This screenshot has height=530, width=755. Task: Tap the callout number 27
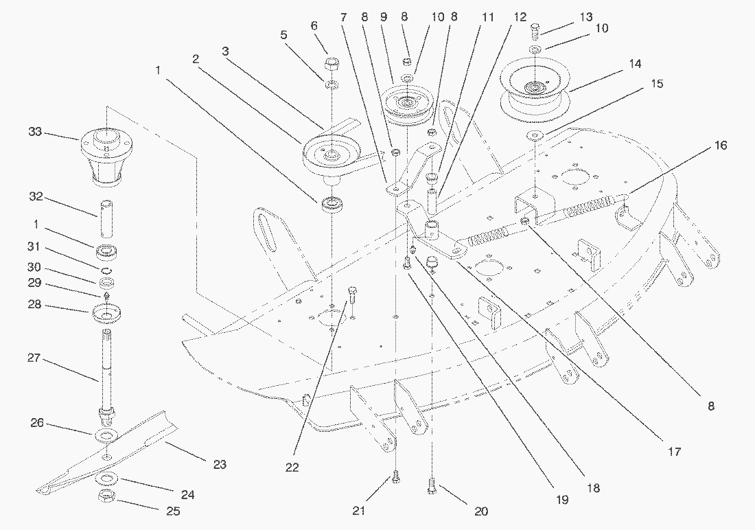(x=35, y=358)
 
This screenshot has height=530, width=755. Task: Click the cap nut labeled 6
(x=332, y=67)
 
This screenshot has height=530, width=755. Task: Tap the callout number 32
(x=35, y=197)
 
